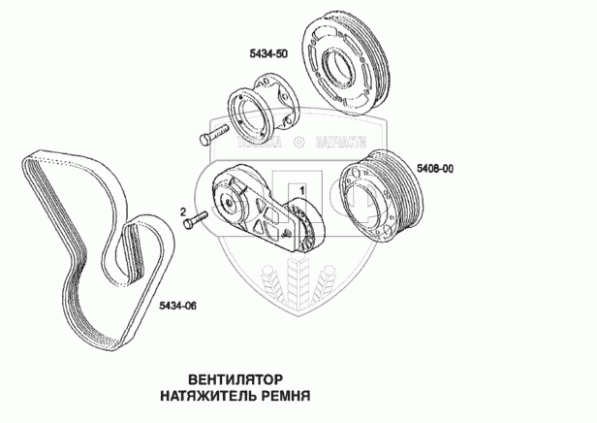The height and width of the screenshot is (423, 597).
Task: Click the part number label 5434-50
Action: (x=268, y=55)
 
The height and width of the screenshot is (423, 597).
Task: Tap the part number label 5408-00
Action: (x=435, y=168)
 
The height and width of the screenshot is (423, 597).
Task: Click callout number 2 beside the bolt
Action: (x=181, y=211)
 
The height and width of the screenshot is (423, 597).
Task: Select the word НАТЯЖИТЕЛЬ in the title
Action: (x=206, y=397)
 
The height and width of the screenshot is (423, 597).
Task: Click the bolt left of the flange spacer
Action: (x=213, y=135)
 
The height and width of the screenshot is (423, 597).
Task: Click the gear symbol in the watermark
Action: (x=298, y=143)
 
